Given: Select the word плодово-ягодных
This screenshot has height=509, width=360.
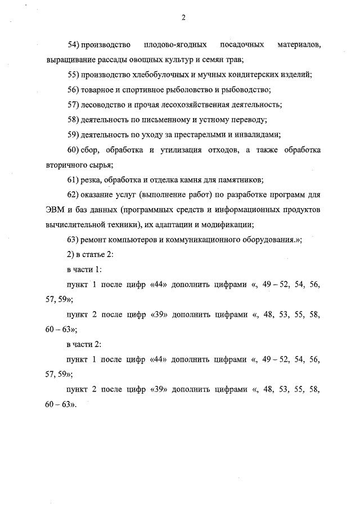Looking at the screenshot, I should [174, 44].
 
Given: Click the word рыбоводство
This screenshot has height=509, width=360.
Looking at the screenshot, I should [248, 89].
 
